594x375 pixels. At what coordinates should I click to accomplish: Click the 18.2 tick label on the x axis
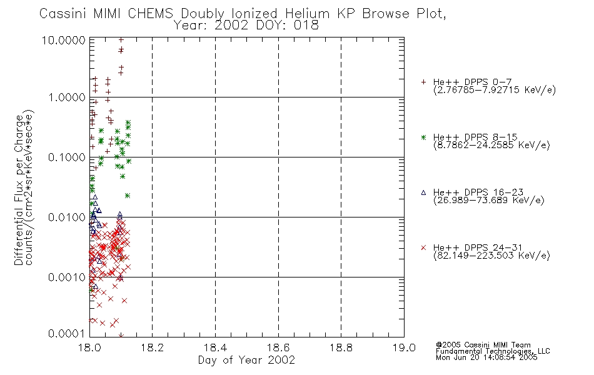coord(153,347)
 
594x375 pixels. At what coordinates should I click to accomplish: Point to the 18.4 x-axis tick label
coord(216,347)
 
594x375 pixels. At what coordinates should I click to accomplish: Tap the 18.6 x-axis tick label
coord(278,347)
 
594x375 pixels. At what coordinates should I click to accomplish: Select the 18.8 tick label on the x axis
coord(341,347)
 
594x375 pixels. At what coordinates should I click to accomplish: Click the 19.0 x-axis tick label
coord(404,347)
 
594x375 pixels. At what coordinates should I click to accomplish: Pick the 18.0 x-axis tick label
coord(89,347)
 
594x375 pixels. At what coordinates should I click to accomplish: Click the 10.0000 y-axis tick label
coord(64,40)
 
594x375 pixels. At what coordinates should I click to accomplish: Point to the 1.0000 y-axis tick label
coord(67,97)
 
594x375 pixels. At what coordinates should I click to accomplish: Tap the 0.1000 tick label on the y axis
coord(67,157)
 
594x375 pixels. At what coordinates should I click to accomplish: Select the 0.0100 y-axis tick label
coord(67,217)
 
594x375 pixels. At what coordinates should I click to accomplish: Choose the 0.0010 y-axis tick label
coord(67,277)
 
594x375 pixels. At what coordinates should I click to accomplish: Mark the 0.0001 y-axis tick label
coord(67,334)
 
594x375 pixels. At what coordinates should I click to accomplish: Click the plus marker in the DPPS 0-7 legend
coord(423,82)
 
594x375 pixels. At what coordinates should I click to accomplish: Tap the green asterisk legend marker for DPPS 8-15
coord(423,137)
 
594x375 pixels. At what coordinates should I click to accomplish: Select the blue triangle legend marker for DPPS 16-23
coord(423,192)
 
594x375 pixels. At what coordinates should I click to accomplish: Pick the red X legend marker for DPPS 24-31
coord(423,247)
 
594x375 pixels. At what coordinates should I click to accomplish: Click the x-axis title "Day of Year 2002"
coord(246,360)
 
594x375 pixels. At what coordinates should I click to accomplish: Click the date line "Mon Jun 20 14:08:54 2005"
coord(486,357)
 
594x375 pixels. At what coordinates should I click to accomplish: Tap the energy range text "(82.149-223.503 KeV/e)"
coord(491,255)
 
